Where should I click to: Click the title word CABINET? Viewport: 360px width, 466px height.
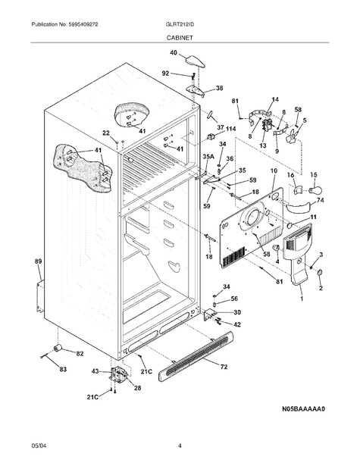coord(180,38)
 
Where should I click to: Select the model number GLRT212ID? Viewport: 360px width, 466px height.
coord(180,24)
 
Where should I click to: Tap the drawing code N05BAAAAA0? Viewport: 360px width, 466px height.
coord(303,409)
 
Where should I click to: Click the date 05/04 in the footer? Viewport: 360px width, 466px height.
coord(39,446)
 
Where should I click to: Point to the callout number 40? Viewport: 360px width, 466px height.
coord(174,52)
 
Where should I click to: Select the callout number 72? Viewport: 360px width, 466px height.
coord(224,367)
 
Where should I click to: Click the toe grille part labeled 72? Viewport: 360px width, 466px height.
coord(196,357)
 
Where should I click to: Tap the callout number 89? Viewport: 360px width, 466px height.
coord(39,261)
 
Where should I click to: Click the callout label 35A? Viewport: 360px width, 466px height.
coord(208,156)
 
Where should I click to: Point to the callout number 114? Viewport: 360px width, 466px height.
coord(230,129)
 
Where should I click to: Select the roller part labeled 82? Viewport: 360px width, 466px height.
coord(58,348)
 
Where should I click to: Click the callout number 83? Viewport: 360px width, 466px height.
coord(63,370)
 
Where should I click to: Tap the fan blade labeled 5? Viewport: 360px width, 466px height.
coord(292,136)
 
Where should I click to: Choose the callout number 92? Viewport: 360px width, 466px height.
coord(165,73)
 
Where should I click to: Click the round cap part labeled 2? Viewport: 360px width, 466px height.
coord(320,272)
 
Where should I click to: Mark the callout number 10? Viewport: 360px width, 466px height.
coord(274,171)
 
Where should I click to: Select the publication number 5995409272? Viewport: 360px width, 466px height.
coord(83,24)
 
